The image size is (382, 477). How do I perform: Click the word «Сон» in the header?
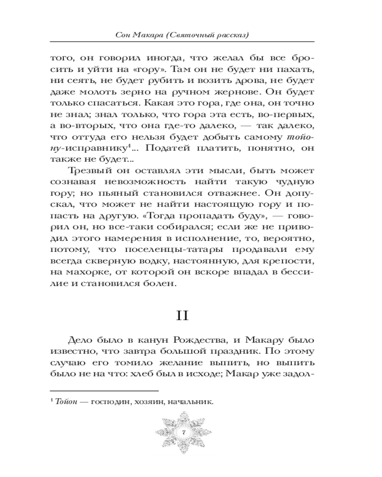click(125, 36)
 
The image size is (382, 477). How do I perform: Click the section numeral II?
click(191, 316)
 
